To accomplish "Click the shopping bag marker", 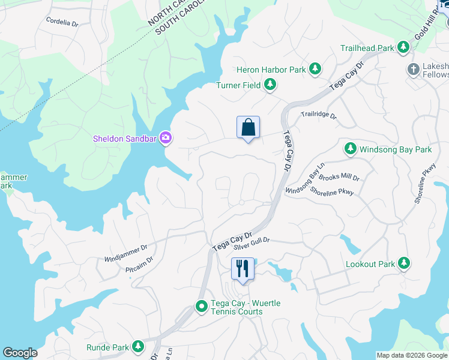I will click(248, 128).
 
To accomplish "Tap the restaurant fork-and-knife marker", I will click(243, 269).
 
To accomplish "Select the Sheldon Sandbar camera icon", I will click(166, 139).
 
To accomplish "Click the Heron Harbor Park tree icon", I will click(315, 70).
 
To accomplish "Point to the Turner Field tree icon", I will click(270, 85).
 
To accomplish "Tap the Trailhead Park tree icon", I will click(403, 47).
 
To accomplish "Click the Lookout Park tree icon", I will click(404, 263).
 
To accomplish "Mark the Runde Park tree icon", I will click(138, 347).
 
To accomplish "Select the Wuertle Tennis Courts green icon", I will click(202, 307).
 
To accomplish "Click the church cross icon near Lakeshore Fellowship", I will click(413, 69).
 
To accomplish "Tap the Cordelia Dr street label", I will click(62, 22).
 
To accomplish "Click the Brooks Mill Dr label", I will click(339, 178).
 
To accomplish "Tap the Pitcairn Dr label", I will click(139, 259).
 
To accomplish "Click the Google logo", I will click(20, 353).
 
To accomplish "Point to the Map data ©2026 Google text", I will click(411, 356).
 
